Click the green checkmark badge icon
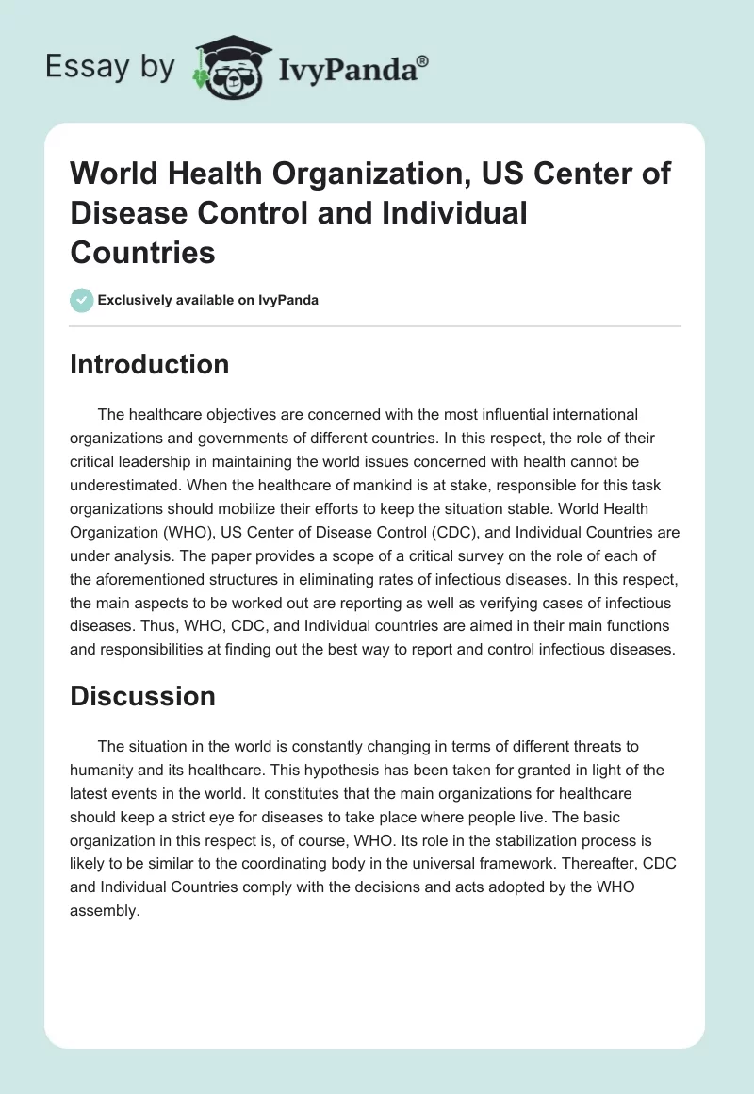(x=81, y=300)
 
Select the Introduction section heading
(x=149, y=364)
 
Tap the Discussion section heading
(x=142, y=696)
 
